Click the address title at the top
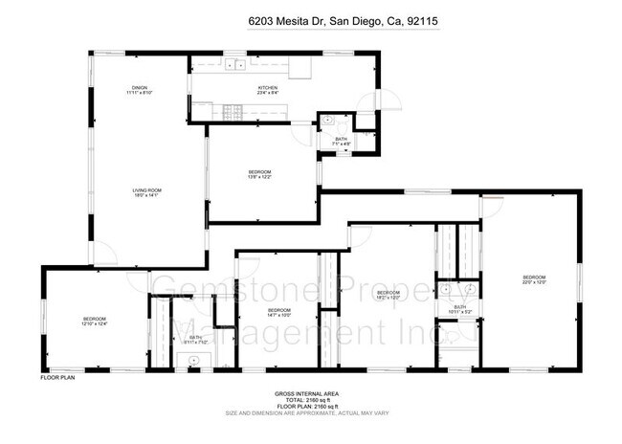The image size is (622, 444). pos(311,19)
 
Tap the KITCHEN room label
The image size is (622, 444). pos(268,88)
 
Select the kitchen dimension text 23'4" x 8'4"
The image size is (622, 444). pos(268,94)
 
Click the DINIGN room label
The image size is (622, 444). pos(140,87)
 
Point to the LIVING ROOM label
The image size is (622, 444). pos(146,190)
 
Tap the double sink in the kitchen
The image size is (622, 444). pos(233,66)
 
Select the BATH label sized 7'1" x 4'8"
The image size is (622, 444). pos(342,140)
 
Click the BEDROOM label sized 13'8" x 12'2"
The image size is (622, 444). pos(260,171)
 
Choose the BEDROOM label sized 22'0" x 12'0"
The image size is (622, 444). pos(533,277)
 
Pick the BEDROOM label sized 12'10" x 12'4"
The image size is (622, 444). pos(94,319)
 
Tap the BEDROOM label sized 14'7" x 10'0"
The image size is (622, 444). pos(278,310)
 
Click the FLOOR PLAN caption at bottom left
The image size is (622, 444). pos(57,378)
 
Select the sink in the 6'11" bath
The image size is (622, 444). pos(193,359)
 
